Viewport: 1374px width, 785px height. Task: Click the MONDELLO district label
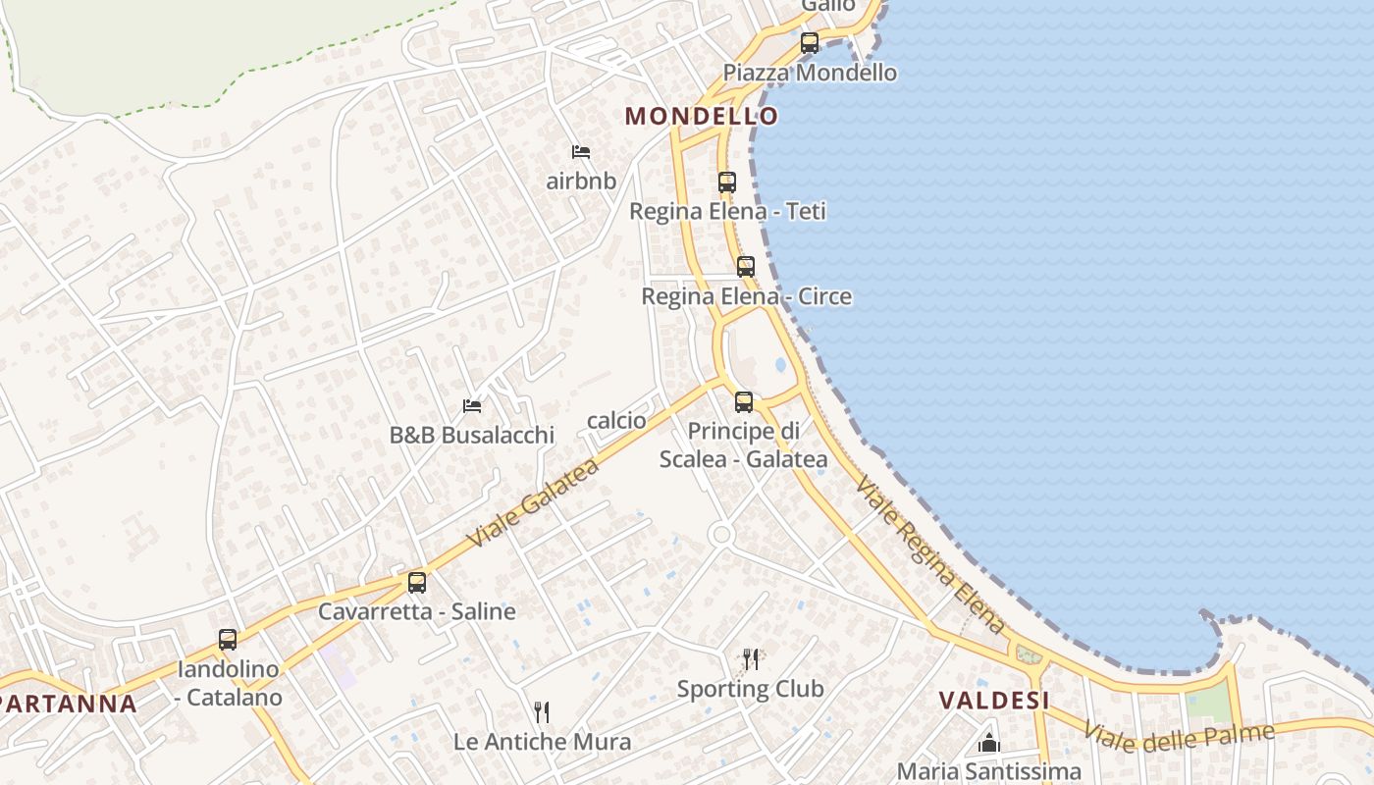701,116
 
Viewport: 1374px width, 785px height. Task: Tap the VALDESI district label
993,701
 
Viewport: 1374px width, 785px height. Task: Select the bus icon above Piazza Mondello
809,43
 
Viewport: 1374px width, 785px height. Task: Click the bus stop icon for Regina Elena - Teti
726,183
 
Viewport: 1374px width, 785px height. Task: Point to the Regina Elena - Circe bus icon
745,267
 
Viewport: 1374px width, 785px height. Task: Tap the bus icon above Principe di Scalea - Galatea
743,401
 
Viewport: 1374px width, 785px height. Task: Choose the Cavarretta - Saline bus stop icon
416,583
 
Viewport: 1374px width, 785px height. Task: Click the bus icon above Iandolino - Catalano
228,640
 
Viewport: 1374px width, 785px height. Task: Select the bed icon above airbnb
581,152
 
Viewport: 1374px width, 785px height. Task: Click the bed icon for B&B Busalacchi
472,405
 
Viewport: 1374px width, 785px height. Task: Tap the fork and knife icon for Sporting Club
751,658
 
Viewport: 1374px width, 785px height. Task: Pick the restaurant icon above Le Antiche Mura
541,711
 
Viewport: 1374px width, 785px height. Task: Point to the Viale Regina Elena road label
930,555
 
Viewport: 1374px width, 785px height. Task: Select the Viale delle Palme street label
1178,736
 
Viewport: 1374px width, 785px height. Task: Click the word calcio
616,421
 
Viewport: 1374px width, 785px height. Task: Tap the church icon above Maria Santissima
988,743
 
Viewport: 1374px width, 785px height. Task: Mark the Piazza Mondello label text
810,73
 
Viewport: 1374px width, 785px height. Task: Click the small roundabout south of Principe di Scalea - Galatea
721,534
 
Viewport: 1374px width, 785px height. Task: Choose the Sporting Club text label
750,689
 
